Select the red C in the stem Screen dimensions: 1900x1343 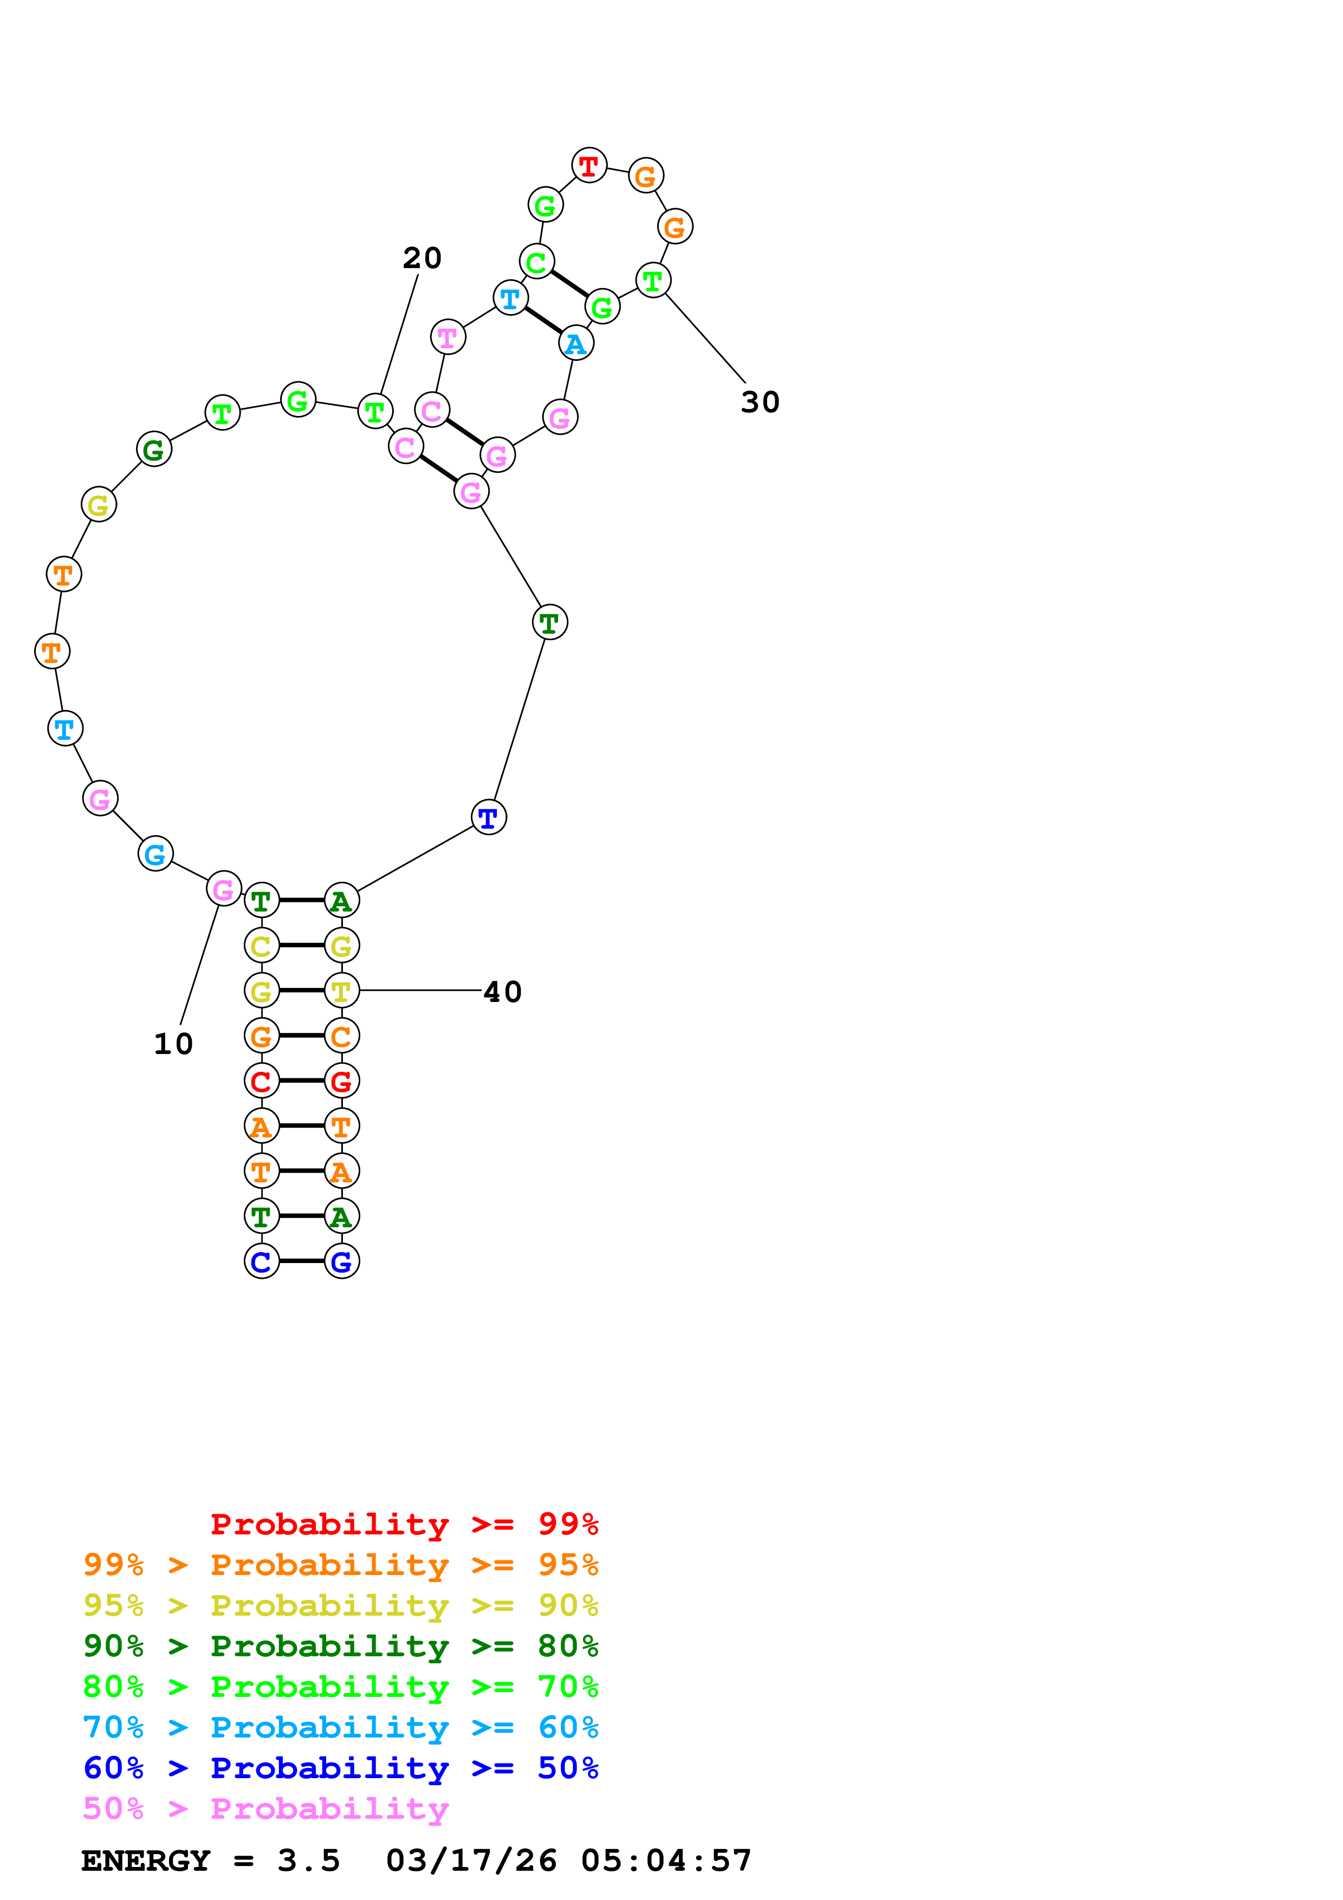262,1081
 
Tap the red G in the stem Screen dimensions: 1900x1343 342,1081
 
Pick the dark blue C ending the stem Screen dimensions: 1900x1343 262,1261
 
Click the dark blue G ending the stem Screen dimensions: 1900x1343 342,1261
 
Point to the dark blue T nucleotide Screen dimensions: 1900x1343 488,818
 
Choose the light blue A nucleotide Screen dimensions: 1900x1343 576,343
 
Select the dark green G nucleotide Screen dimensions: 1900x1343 154,450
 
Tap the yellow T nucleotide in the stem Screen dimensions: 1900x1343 342,991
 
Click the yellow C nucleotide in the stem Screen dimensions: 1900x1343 262,945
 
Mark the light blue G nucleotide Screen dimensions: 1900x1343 155,854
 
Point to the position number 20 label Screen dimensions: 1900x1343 422,258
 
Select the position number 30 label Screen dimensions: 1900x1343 760,402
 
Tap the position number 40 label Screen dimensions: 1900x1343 502,992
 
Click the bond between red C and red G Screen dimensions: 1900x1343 301,1081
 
